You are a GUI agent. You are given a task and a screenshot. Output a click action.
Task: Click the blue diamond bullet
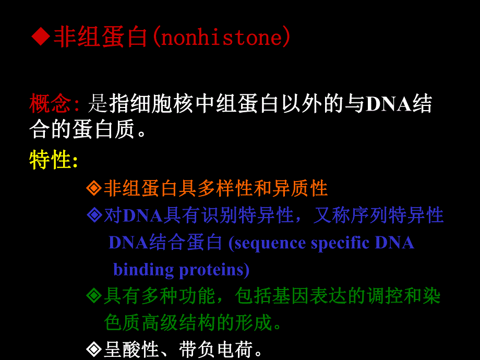pos(94,215)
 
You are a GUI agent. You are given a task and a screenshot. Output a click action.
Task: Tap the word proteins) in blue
pos(214,270)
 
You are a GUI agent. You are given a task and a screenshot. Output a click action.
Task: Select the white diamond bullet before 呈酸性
pos(94,349)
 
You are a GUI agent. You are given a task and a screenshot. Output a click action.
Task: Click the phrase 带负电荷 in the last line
pos(215,349)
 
